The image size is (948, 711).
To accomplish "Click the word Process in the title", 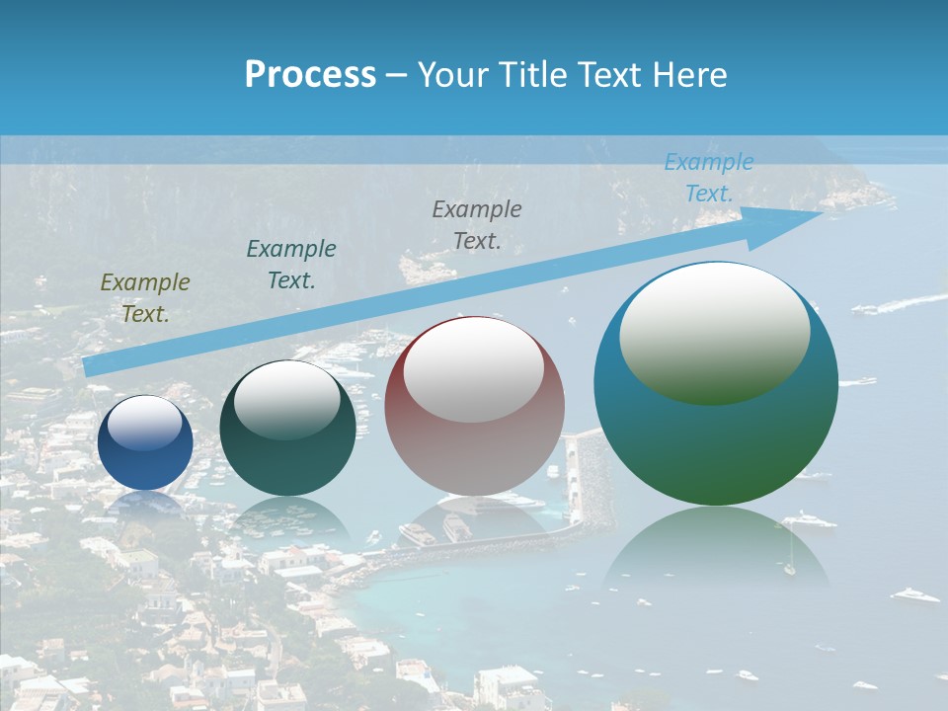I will tap(310, 75).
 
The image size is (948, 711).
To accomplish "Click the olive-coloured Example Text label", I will tap(145, 298).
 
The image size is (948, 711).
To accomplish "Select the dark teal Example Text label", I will tap(291, 264).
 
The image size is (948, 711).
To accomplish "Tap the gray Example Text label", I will tap(477, 224).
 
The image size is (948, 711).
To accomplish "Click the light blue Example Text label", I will tap(709, 178).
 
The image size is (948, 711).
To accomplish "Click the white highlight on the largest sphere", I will tap(715, 331).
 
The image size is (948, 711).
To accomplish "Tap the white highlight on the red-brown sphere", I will tap(474, 369).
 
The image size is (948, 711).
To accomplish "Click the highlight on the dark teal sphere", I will tap(287, 399).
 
